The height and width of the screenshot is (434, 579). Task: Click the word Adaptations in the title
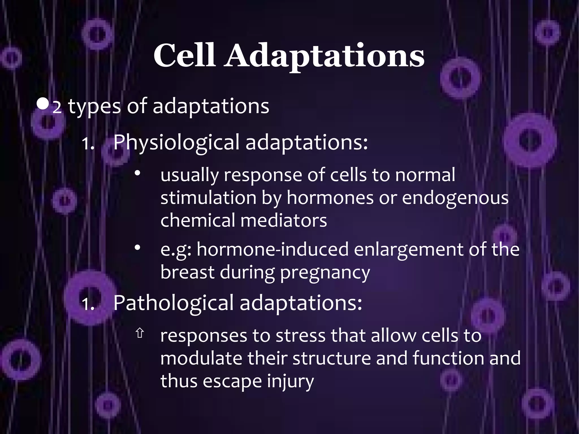tap(324, 57)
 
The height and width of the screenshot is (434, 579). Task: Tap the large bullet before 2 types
tap(43, 105)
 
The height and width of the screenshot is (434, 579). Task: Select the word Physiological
tap(176, 142)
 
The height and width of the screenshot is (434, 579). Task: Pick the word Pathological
tap(173, 303)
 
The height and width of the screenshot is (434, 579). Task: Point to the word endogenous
tap(455, 198)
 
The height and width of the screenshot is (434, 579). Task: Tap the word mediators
tap(284, 220)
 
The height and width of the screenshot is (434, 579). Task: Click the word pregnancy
tap(325, 272)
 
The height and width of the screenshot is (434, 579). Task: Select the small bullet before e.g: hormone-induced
tap(137, 248)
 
